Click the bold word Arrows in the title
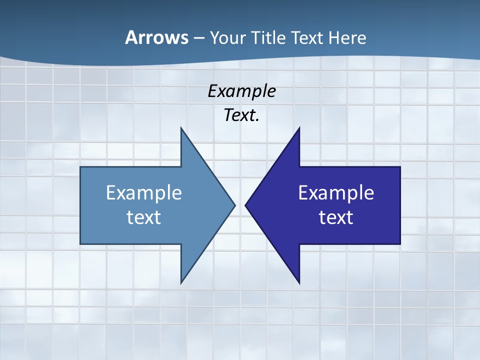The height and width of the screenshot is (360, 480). [156, 37]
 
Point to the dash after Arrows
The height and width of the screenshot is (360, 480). [198, 38]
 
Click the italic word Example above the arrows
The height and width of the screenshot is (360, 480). [242, 91]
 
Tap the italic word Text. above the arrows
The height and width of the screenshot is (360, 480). [242, 115]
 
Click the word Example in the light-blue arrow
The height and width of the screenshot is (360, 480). [144, 193]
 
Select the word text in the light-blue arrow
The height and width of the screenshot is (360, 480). [144, 217]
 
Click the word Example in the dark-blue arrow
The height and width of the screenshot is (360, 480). [336, 193]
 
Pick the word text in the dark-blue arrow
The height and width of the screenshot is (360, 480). [336, 217]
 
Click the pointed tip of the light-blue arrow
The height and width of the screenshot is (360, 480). [234, 205]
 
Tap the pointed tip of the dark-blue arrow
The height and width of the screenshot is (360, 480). [245, 205]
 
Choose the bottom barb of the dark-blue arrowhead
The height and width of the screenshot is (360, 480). [299, 282]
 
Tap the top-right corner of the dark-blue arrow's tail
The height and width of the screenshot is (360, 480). [399, 167]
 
